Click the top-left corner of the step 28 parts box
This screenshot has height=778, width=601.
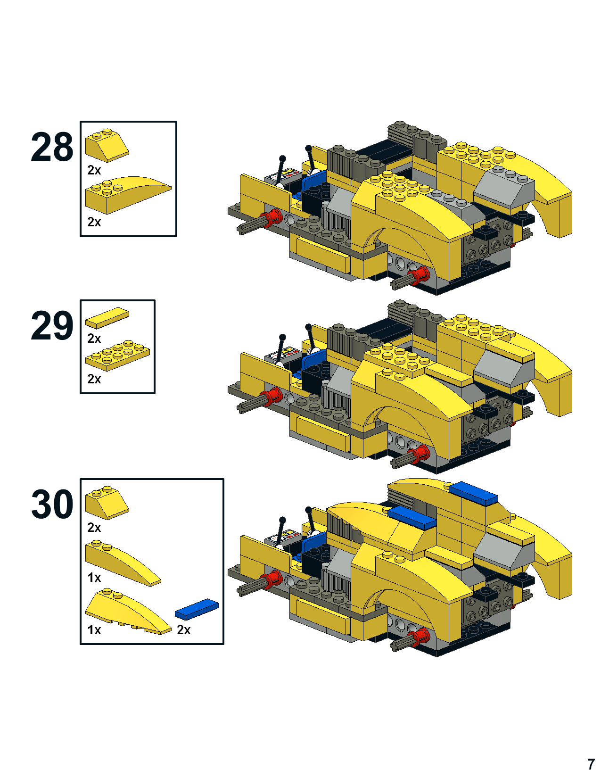81,122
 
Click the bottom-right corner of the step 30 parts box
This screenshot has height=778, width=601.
223,644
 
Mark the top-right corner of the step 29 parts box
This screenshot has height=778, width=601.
155,300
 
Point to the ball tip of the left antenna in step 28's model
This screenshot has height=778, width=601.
282,158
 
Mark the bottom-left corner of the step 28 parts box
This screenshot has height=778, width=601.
81,236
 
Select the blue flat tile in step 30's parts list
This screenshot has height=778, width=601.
197,609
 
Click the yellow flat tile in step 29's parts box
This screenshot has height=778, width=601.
107,318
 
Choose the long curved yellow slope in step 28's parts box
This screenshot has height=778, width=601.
128,195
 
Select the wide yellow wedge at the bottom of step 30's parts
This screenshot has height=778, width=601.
128,611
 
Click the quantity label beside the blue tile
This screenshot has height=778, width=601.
184,630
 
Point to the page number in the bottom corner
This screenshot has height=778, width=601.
591,764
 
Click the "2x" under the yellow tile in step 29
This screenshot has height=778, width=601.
94,339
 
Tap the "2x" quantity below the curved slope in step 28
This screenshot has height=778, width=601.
94,222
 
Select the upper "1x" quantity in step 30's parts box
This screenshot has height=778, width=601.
94,578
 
